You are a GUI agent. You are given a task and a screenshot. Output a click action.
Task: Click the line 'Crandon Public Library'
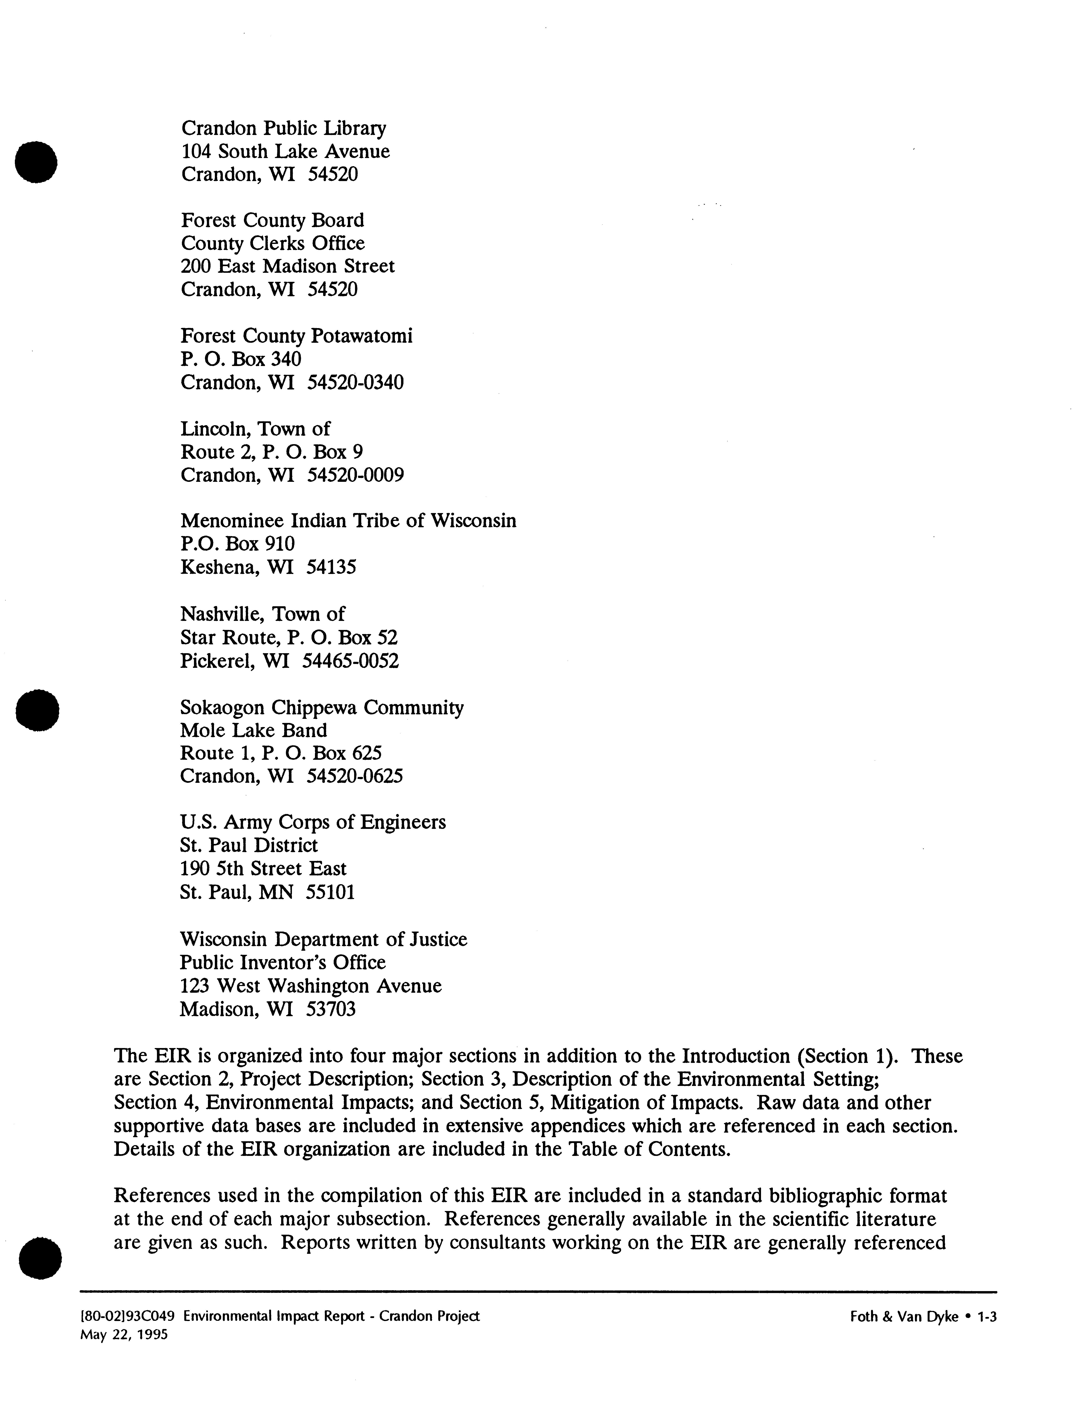click(284, 128)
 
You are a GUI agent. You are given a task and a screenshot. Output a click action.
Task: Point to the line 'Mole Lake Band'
click(253, 730)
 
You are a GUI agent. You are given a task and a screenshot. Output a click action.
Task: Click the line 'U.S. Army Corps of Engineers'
click(313, 823)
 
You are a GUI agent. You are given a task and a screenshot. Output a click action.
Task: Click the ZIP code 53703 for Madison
click(331, 1009)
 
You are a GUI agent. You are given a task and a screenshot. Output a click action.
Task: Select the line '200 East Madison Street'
click(288, 266)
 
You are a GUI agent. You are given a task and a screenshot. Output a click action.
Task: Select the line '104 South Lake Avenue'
click(285, 152)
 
